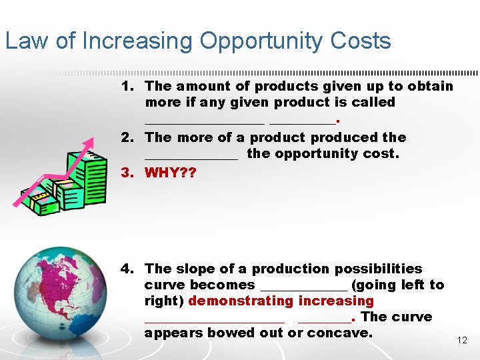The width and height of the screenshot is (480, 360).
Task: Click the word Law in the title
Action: click(27, 41)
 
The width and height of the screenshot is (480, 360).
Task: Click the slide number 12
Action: click(462, 340)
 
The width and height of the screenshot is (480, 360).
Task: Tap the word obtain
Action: click(430, 86)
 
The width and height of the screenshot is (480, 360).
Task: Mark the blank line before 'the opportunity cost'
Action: click(191, 157)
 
